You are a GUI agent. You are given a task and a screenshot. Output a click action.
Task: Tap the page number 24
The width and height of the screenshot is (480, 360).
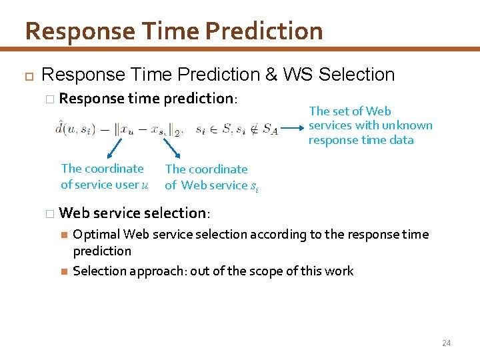(x=446, y=343)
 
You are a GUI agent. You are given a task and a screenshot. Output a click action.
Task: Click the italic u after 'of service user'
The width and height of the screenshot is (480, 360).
(x=145, y=185)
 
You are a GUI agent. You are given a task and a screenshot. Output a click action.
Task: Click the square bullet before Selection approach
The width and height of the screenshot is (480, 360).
(x=63, y=271)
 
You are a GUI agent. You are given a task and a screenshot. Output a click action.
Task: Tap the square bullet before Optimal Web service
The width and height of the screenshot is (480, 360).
(x=63, y=235)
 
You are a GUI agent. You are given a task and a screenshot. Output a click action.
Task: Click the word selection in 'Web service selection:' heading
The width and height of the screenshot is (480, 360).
(x=175, y=213)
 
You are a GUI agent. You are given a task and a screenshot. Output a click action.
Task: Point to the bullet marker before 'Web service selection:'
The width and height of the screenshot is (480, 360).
(x=47, y=213)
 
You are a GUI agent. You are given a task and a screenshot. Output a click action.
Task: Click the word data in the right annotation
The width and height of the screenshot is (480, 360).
(x=400, y=140)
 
